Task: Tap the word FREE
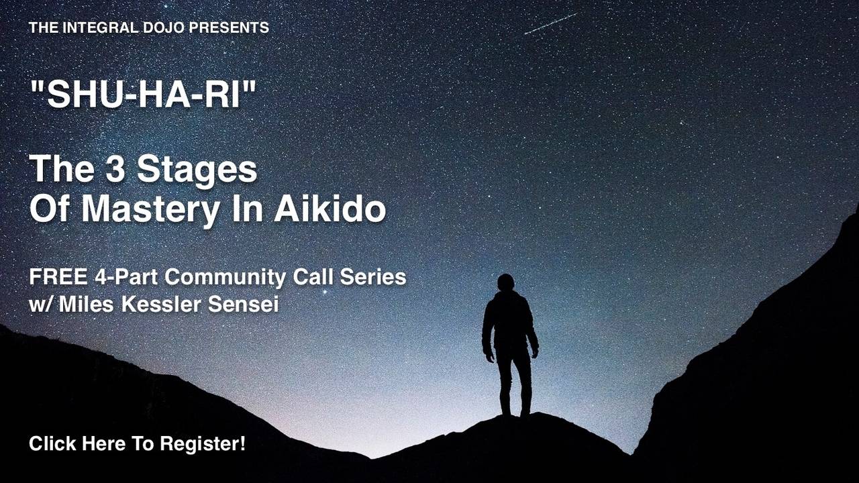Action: click(53, 277)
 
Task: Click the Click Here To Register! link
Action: click(137, 443)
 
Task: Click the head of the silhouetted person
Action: click(506, 282)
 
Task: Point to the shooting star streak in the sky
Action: click(550, 23)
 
